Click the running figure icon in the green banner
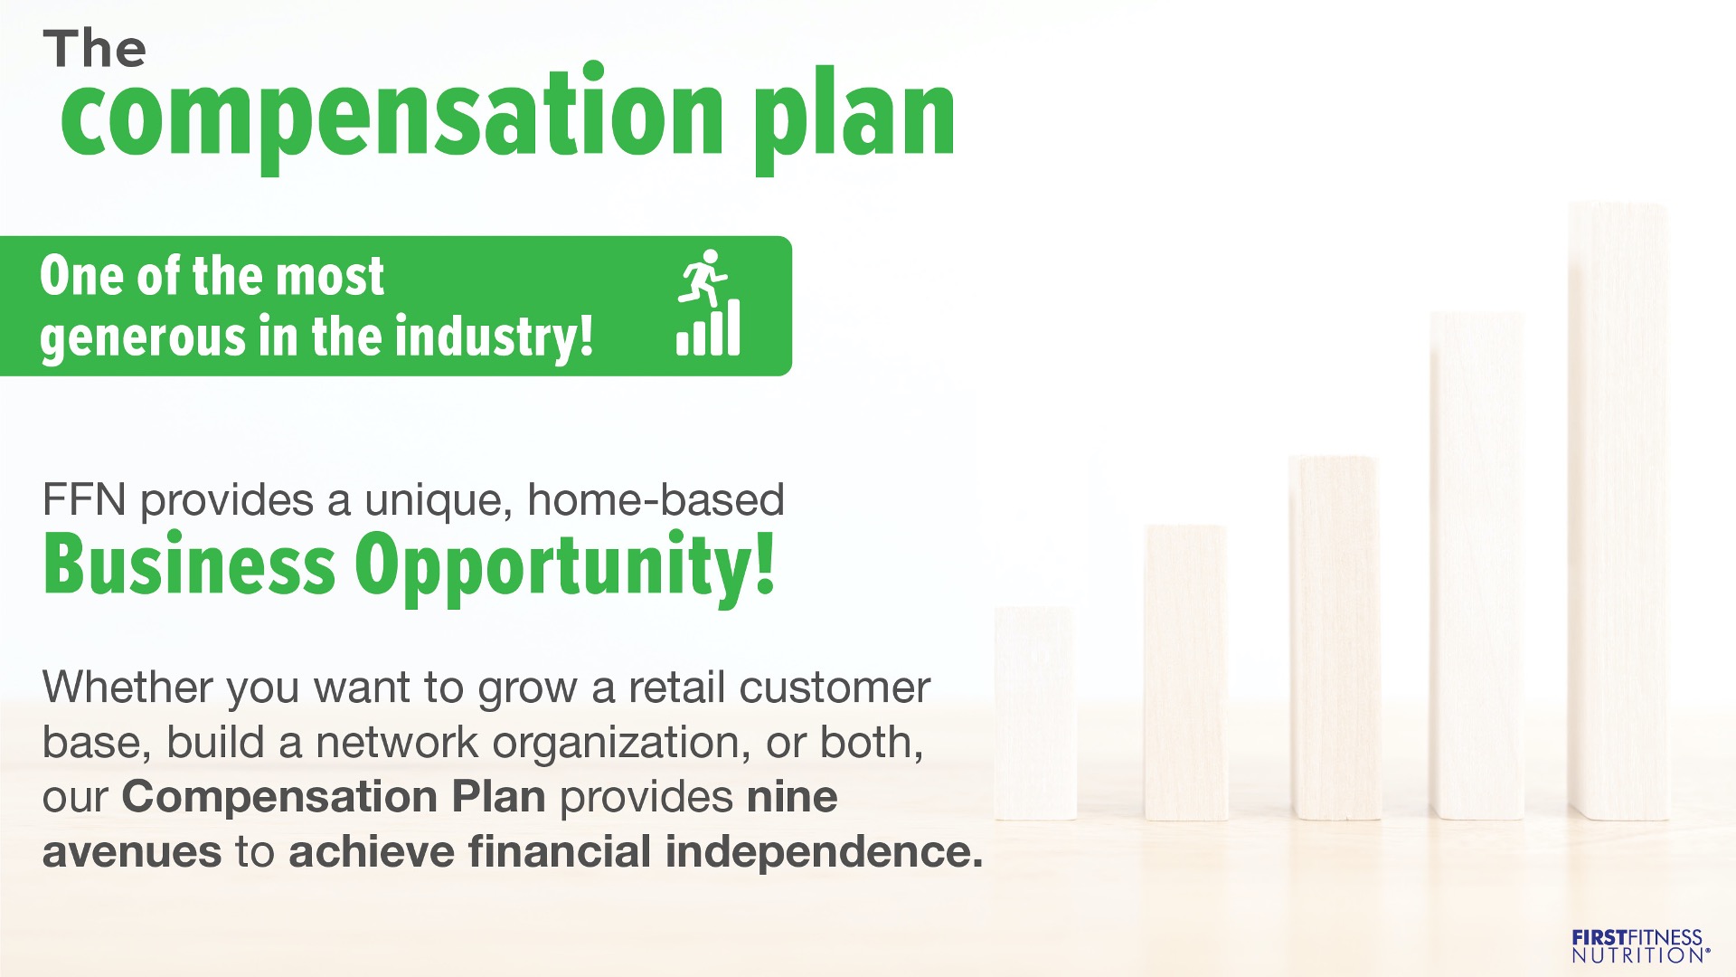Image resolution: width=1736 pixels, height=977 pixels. (703, 277)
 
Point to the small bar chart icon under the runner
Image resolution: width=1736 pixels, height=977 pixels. (708, 327)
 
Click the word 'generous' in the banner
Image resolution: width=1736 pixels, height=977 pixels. (142, 338)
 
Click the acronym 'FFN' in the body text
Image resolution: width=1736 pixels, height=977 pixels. (84, 500)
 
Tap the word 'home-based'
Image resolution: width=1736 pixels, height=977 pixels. (656, 499)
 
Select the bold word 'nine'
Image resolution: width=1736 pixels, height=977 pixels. (792, 798)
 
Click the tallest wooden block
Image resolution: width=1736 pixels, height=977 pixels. (1618, 511)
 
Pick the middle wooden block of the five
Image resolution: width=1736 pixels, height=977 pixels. (1335, 638)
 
